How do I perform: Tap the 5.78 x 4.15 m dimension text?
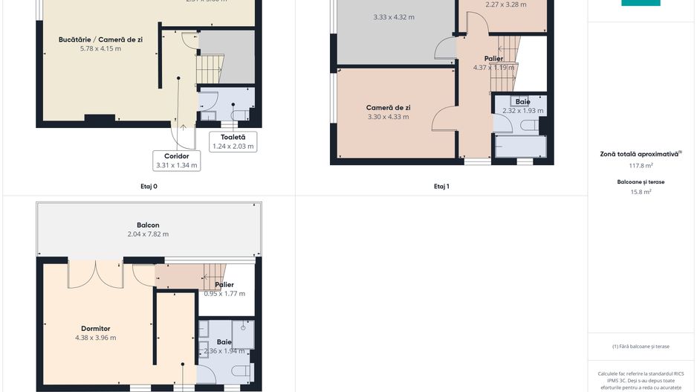pos(100,48)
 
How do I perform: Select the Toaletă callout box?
pos(233,141)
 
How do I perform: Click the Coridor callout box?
pos(176,161)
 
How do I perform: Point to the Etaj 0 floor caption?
pos(149,187)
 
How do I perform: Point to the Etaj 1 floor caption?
pos(441,187)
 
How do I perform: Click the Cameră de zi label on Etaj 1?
pos(388,107)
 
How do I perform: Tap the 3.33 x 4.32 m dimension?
pos(394,16)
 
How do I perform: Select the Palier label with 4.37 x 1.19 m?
pos(493,59)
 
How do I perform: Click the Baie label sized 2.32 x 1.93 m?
pos(522,101)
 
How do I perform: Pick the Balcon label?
pos(148,225)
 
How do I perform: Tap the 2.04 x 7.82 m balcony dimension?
pos(148,234)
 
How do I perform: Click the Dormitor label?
pos(95,328)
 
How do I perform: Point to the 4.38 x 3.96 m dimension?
pos(95,338)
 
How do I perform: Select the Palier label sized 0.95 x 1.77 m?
pos(224,284)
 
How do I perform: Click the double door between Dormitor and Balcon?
pos(95,273)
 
